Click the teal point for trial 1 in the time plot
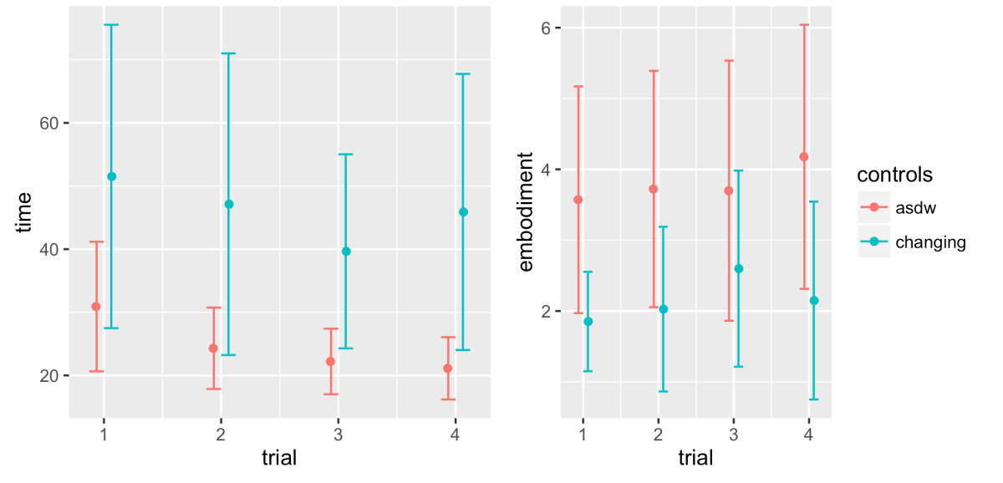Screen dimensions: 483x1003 coord(111,176)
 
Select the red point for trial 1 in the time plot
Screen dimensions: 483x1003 coord(96,307)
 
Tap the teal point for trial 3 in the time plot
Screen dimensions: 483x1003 coord(346,251)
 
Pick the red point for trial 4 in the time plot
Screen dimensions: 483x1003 coord(448,369)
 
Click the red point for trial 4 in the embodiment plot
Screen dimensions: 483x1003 coord(804,156)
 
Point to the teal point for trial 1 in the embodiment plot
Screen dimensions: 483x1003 coord(588,322)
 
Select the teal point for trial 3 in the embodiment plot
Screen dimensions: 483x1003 coord(738,268)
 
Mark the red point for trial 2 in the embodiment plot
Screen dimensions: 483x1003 coord(654,189)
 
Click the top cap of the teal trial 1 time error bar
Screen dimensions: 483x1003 coord(111,25)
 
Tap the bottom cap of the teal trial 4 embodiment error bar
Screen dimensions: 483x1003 coord(813,399)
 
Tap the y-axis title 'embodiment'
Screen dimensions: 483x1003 coord(526,211)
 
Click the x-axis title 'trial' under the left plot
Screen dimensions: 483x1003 coord(279,458)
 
